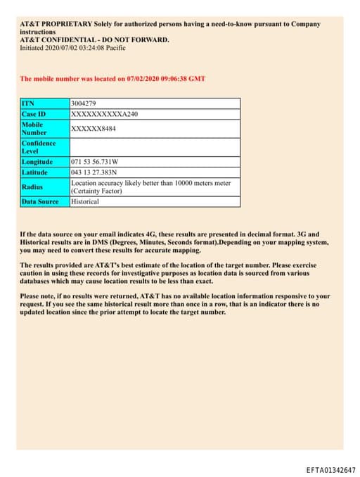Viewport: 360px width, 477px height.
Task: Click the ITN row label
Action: [28, 103]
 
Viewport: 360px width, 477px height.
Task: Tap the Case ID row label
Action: [33, 113]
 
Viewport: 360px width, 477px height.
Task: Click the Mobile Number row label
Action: [34, 128]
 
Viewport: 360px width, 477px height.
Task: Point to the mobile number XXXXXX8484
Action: [94, 128]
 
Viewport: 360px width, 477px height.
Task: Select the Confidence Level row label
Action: [39, 147]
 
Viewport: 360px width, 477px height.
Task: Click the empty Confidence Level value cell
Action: [155, 147]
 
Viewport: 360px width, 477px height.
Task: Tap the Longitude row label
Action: [37, 162]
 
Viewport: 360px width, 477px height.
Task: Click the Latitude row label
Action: [34, 172]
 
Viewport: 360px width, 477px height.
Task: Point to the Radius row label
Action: [32, 187]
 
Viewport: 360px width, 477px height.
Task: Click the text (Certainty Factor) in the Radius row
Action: [96, 191]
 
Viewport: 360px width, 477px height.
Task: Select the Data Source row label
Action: [40, 202]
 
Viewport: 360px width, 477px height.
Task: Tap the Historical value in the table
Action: [85, 202]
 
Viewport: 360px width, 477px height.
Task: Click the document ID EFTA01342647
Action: [330, 470]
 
